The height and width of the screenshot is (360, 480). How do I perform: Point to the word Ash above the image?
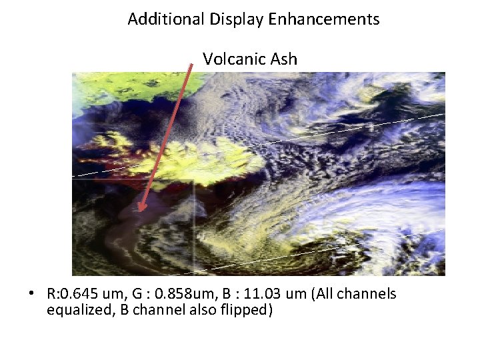284,59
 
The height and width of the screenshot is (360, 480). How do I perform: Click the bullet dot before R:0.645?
32,294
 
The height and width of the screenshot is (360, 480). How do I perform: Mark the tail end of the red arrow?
193,65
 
